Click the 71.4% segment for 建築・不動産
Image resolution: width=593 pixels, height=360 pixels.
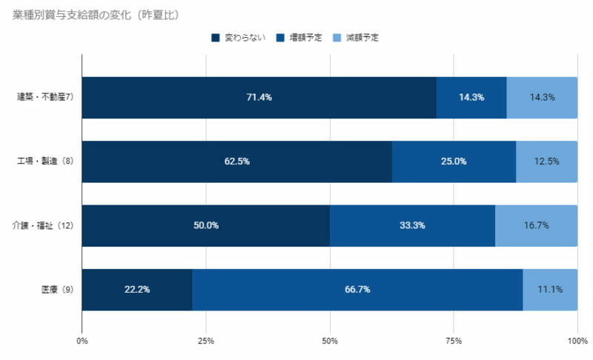259,98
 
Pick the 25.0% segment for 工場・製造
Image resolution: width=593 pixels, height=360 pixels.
454,161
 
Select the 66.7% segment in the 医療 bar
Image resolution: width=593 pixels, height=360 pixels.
357,290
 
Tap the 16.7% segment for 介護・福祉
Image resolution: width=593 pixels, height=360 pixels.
536,226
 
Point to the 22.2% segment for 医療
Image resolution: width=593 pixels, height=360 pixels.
137,290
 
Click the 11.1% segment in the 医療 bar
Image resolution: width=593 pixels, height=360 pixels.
550,290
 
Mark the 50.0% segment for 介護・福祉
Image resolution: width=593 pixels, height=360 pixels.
206,226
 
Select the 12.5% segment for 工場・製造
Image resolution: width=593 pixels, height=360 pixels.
546,161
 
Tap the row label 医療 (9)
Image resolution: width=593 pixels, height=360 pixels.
56,289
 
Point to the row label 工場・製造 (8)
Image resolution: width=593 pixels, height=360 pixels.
44,161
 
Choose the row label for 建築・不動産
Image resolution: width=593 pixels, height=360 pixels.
44,97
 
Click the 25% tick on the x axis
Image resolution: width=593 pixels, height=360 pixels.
206,341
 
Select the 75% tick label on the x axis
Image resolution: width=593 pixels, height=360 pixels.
454,341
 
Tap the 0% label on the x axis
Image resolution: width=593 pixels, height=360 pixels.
82,341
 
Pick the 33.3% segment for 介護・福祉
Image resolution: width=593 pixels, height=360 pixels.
412,226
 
